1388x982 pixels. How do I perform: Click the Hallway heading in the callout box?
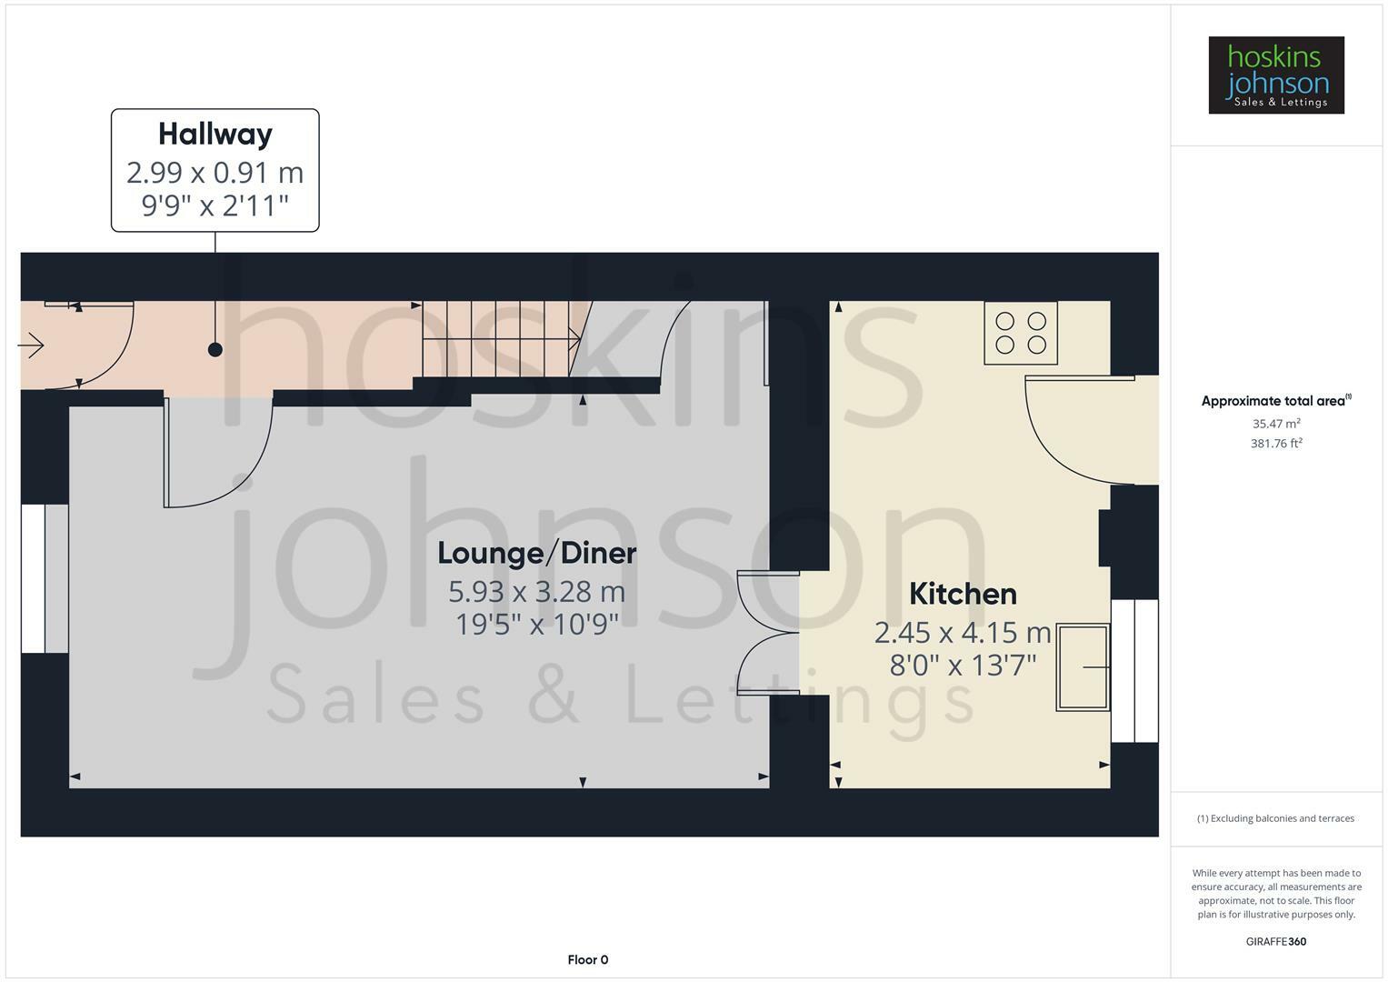(x=215, y=135)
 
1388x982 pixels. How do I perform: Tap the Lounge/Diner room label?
(x=536, y=553)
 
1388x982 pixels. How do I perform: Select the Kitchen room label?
(x=963, y=594)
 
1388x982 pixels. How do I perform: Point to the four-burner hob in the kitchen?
(x=1021, y=333)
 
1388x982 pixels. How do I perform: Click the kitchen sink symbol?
(x=1083, y=667)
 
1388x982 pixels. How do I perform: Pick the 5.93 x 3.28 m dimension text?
(x=536, y=591)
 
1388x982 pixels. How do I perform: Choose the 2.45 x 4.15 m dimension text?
(x=963, y=633)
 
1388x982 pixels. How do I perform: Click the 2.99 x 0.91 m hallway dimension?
(x=215, y=173)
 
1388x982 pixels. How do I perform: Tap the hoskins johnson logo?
(x=1276, y=75)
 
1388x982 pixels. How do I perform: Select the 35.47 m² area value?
(x=1276, y=424)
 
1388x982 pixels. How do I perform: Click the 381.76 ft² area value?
(x=1276, y=444)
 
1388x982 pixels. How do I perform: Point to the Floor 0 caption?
(x=588, y=959)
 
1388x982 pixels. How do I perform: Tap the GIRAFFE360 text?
(x=1276, y=942)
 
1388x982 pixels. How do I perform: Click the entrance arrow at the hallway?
(x=31, y=345)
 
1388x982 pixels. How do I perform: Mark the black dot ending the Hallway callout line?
(x=215, y=350)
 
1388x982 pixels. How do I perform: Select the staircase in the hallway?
(x=501, y=338)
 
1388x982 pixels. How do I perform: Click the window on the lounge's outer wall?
(x=45, y=578)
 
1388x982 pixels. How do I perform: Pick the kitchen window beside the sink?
(x=1134, y=671)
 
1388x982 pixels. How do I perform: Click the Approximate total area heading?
(x=1276, y=400)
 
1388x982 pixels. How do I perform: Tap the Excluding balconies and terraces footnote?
(x=1276, y=818)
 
